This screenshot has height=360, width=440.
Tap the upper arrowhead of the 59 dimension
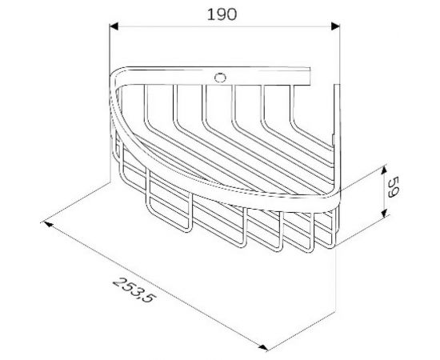coord(386,169)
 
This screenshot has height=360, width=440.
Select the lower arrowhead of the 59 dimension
coord(386,213)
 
